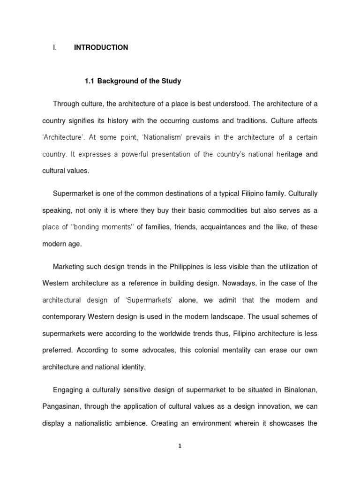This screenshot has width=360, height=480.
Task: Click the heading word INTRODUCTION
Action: (x=101, y=47)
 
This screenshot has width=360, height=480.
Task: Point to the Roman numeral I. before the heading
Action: (x=54, y=47)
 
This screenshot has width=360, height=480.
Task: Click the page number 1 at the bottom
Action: (x=180, y=446)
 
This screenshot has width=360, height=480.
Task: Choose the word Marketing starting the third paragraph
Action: (x=69, y=267)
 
